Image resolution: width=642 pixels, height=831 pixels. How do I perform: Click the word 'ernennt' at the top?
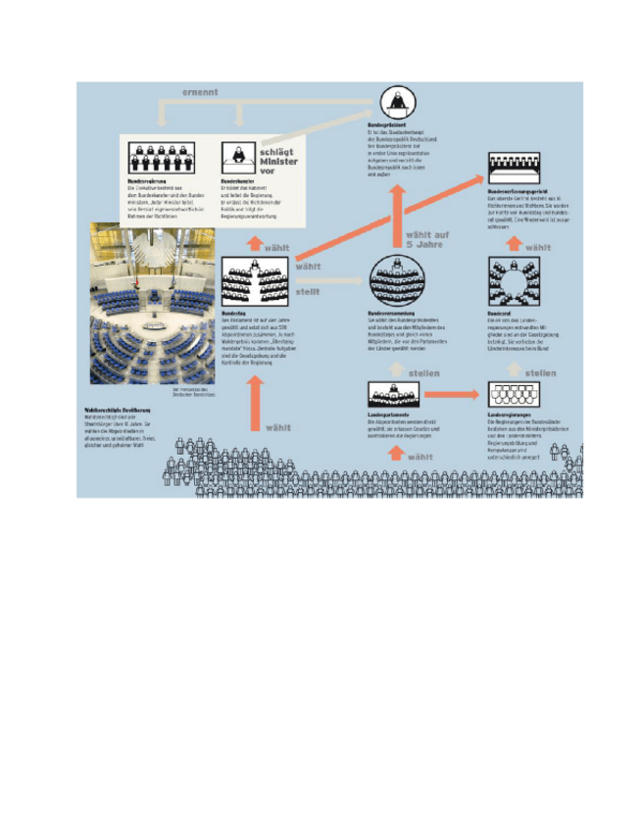click(x=200, y=92)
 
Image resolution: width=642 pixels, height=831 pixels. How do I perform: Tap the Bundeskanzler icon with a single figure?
click(x=236, y=157)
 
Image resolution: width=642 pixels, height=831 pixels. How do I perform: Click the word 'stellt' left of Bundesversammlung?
click(x=307, y=290)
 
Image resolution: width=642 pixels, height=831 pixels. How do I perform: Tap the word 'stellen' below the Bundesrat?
click(x=541, y=372)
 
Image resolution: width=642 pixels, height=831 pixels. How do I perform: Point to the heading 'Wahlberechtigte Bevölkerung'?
click(x=115, y=409)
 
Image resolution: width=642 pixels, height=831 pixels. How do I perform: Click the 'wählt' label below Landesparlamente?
click(x=420, y=457)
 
